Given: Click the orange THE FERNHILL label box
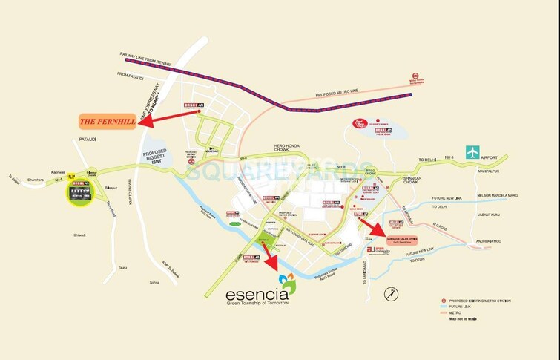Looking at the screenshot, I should coord(108,121).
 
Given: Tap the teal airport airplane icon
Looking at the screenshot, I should coord(472,152).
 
